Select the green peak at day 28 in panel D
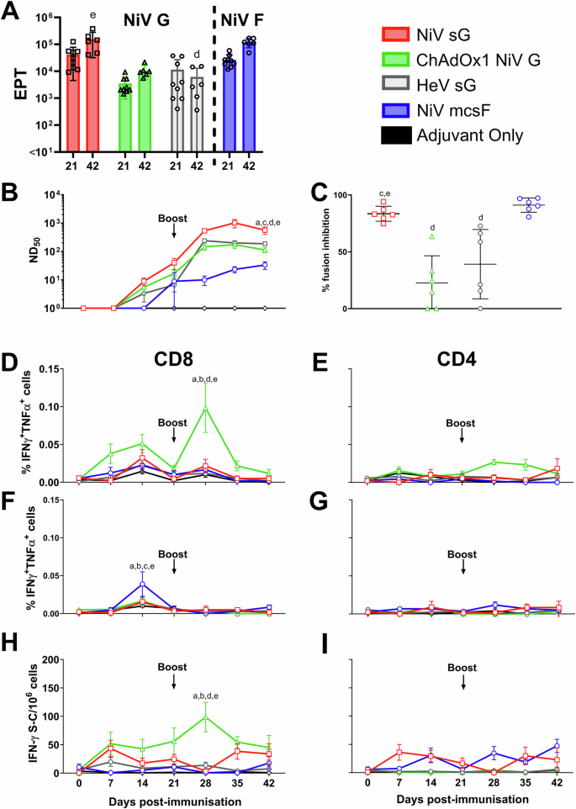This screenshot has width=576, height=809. pos(203,409)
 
